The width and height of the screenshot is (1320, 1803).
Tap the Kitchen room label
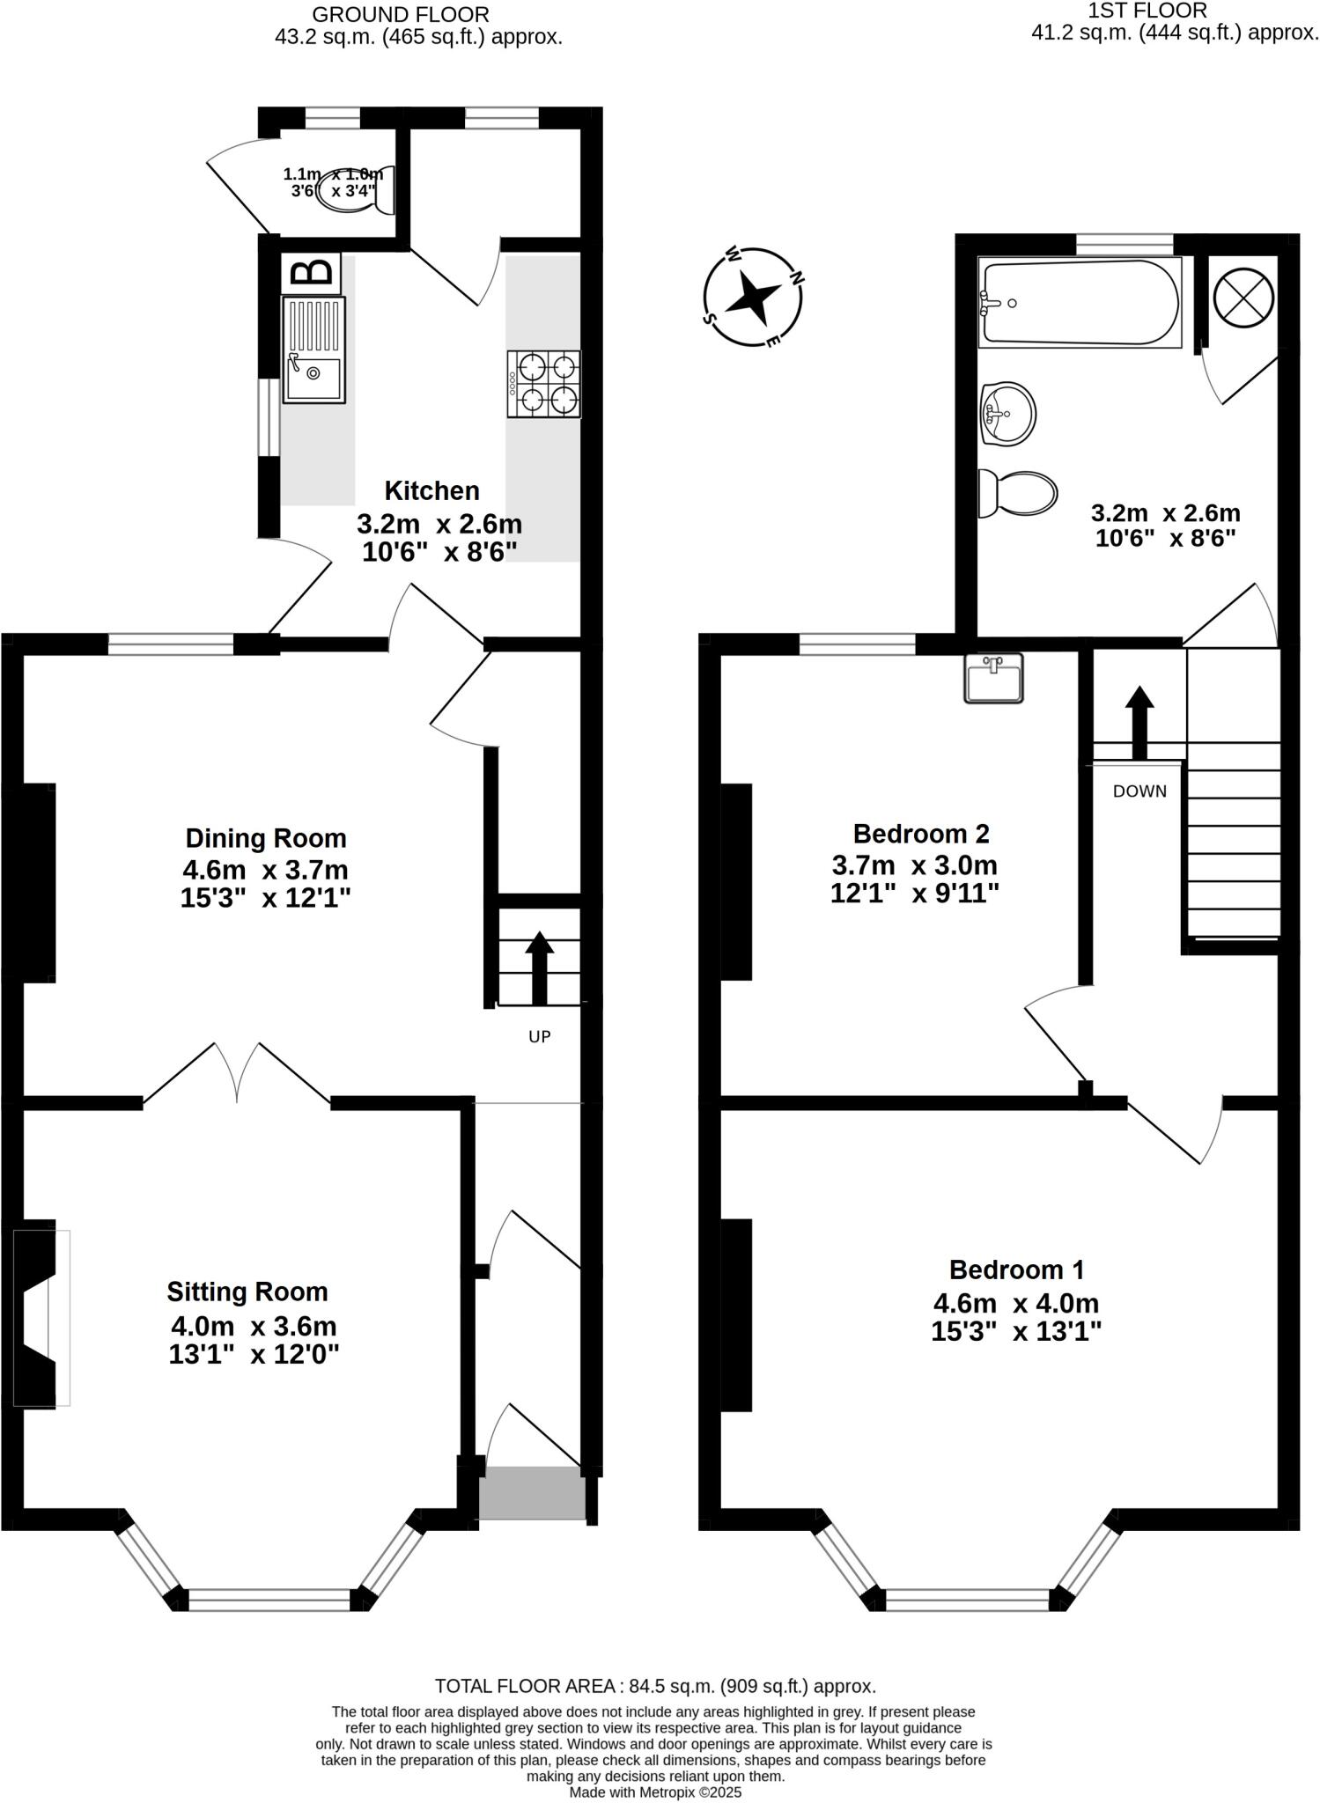(x=431, y=490)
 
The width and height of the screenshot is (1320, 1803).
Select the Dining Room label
(x=266, y=837)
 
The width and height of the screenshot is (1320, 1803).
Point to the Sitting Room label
(x=247, y=1292)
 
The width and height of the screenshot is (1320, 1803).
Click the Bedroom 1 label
(x=1016, y=1269)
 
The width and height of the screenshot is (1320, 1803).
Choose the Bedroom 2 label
(x=921, y=833)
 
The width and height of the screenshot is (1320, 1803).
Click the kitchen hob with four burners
(x=543, y=384)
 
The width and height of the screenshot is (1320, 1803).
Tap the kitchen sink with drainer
(x=313, y=350)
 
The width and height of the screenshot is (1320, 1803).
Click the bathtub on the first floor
(x=1080, y=302)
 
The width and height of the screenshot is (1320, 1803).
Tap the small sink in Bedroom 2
(x=993, y=678)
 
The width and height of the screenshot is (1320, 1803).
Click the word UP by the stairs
(x=539, y=1036)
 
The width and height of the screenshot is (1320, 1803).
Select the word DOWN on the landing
(x=1139, y=791)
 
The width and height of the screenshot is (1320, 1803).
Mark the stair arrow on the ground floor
(x=539, y=967)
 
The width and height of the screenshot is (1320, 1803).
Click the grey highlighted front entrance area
(x=532, y=1491)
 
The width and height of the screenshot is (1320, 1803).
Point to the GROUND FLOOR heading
(x=401, y=14)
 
